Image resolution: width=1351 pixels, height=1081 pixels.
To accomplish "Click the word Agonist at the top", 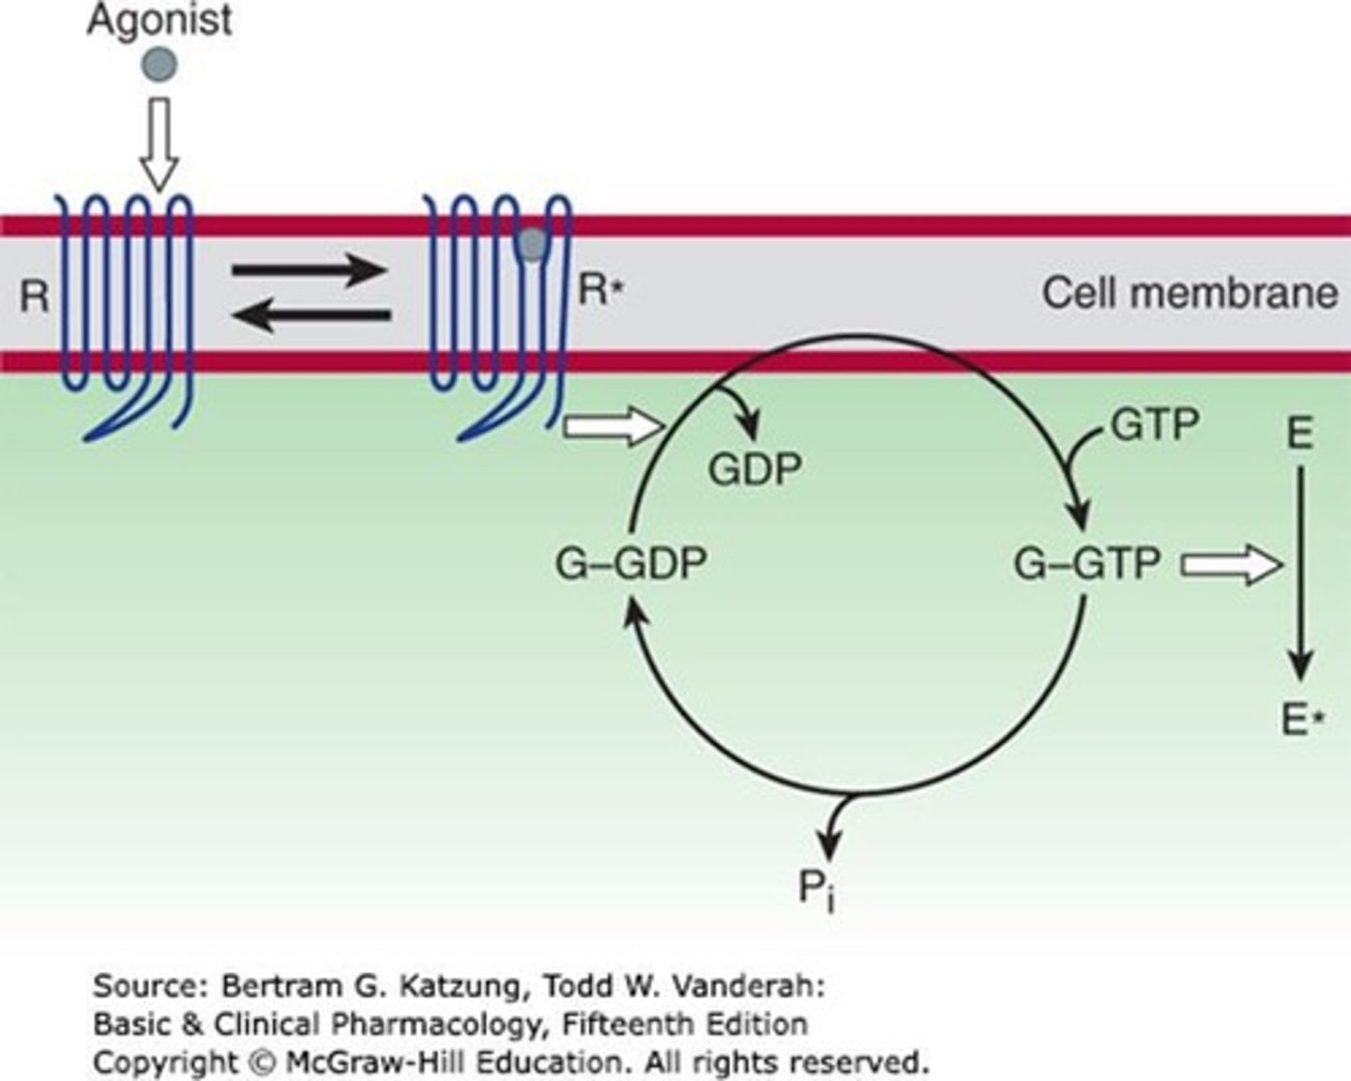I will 159,21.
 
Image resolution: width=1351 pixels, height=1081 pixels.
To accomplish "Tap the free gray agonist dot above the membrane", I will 159,64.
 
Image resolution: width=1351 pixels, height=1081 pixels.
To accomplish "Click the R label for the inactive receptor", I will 35,297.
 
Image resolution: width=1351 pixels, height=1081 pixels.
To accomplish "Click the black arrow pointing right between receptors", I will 310,271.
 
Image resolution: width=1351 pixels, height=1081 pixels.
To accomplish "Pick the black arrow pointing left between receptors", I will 310,316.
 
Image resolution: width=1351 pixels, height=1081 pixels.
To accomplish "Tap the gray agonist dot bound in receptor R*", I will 532,244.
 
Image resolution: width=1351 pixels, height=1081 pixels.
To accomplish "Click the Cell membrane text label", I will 1190,293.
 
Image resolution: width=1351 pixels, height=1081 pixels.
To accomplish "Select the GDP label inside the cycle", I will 755,468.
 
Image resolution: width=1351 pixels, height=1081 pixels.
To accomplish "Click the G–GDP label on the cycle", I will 630,564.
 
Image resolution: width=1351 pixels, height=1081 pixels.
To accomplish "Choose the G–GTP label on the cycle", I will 1087,564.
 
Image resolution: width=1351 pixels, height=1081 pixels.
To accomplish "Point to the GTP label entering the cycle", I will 1155,425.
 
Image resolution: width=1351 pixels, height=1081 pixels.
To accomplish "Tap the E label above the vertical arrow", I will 1299,434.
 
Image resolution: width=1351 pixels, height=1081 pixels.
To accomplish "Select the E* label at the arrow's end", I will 1302,721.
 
